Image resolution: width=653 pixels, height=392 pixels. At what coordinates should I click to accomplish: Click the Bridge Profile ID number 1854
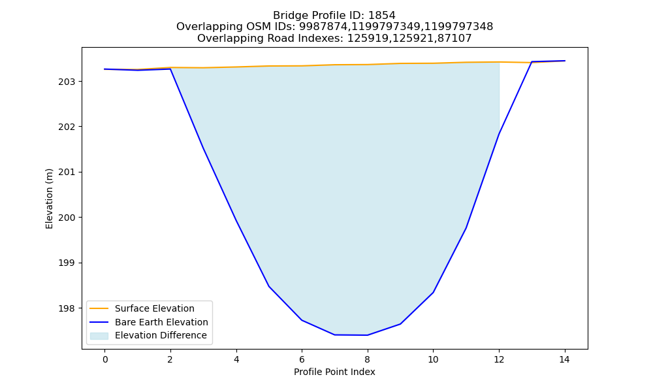point(382,16)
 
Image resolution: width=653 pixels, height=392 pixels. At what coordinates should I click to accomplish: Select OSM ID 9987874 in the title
point(323,27)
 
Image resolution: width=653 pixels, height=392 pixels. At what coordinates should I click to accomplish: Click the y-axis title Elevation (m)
point(49,199)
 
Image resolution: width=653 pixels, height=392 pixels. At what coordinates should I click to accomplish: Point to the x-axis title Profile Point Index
point(334,372)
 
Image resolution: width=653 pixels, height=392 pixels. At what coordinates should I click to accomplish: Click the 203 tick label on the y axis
point(67,82)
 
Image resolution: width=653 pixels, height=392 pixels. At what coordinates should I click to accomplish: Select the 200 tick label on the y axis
point(67,218)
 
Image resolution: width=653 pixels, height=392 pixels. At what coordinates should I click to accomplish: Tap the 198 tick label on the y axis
point(67,308)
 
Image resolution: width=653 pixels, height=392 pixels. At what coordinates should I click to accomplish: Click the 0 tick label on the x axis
point(105,359)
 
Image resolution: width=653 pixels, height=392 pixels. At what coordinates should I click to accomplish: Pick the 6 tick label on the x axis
point(302,359)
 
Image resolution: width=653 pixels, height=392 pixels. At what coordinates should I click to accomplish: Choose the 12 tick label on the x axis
point(499,359)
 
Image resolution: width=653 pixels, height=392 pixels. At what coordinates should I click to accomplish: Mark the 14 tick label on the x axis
point(564,359)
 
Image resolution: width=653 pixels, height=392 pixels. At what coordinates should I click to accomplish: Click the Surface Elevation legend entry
point(155,308)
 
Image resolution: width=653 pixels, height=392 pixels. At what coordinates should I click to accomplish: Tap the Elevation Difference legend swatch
point(99,336)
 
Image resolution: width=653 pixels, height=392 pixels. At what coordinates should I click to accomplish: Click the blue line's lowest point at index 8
point(367,335)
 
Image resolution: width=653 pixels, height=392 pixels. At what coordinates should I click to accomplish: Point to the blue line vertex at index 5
point(269,286)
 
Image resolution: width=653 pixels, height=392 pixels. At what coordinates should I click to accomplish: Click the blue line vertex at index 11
point(466,228)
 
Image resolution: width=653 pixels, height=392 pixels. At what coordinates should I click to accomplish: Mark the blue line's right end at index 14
point(565,61)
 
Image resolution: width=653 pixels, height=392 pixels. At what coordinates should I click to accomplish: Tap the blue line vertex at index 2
point(170,69)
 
